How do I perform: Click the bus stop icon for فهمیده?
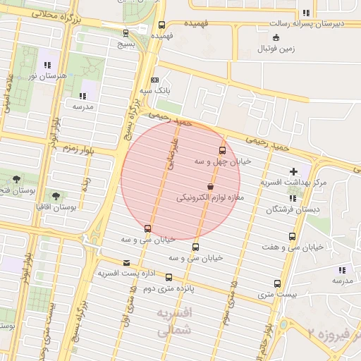coord(161,25)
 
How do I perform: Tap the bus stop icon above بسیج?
coord(126,32)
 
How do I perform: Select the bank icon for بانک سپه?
coord(154,80)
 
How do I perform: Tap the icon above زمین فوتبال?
coord(275,37)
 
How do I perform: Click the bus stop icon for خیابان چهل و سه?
coord(223,150)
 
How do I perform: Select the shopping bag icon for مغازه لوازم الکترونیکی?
coord(210,186)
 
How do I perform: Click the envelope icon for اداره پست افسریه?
coord(126,262)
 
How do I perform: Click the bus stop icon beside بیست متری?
coord(277,285)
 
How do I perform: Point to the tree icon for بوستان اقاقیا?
coord(56,196)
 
